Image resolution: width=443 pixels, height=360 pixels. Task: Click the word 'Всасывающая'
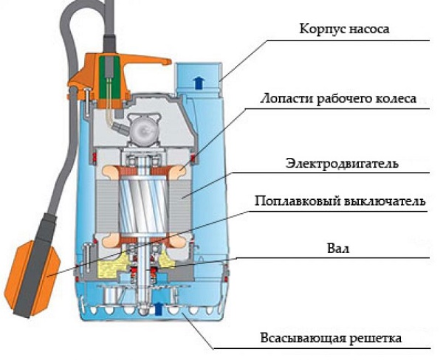(298, 339)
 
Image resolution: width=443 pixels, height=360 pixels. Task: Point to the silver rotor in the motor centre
(143, 200)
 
